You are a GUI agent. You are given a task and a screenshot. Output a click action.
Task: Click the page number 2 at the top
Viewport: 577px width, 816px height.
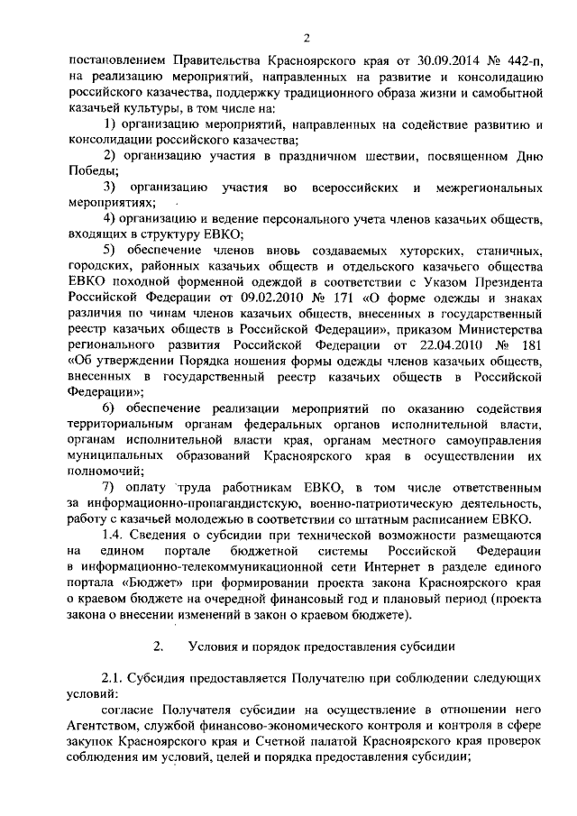(307, 38)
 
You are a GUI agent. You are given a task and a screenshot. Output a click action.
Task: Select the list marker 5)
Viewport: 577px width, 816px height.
(111, 251)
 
